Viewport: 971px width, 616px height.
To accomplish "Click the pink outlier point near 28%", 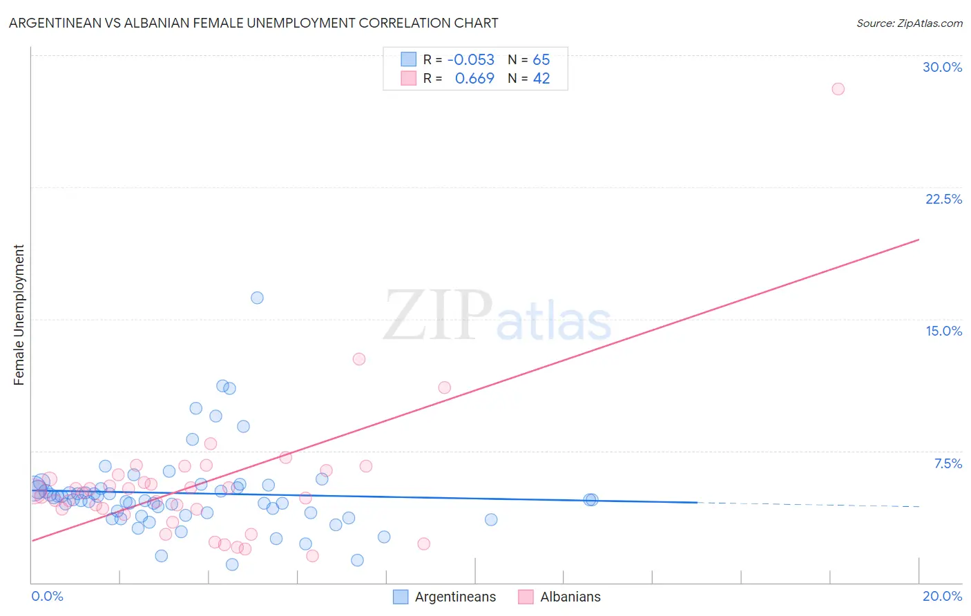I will pos(838,88).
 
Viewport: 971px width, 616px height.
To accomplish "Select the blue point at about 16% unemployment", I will pos(257,298).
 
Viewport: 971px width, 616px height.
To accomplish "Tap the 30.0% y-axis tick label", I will pos(942,67).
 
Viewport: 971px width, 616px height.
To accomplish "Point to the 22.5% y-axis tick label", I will pos(943,199).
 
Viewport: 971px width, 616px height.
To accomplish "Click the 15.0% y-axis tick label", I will pos(943,331).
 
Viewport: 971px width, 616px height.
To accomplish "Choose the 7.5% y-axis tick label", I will pos(948,463).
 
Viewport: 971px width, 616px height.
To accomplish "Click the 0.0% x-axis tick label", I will pos(47,596).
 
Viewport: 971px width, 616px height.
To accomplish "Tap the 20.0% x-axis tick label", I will pos(942,596).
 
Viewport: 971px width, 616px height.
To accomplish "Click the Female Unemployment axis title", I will pos(19,315).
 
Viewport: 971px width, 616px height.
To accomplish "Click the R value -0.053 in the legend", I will pos(471,59).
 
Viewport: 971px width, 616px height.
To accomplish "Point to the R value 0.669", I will pos(474,79).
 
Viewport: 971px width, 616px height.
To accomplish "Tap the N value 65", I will pos(541,59).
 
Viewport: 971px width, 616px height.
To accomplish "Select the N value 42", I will pos(541,79).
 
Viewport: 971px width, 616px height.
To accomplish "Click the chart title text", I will pos(253,23).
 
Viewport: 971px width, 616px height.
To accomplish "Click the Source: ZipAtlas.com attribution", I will pos(909,23).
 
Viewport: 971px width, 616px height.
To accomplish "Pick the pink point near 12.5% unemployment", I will pos(358,358).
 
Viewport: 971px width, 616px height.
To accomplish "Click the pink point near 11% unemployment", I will pos(444,387).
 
